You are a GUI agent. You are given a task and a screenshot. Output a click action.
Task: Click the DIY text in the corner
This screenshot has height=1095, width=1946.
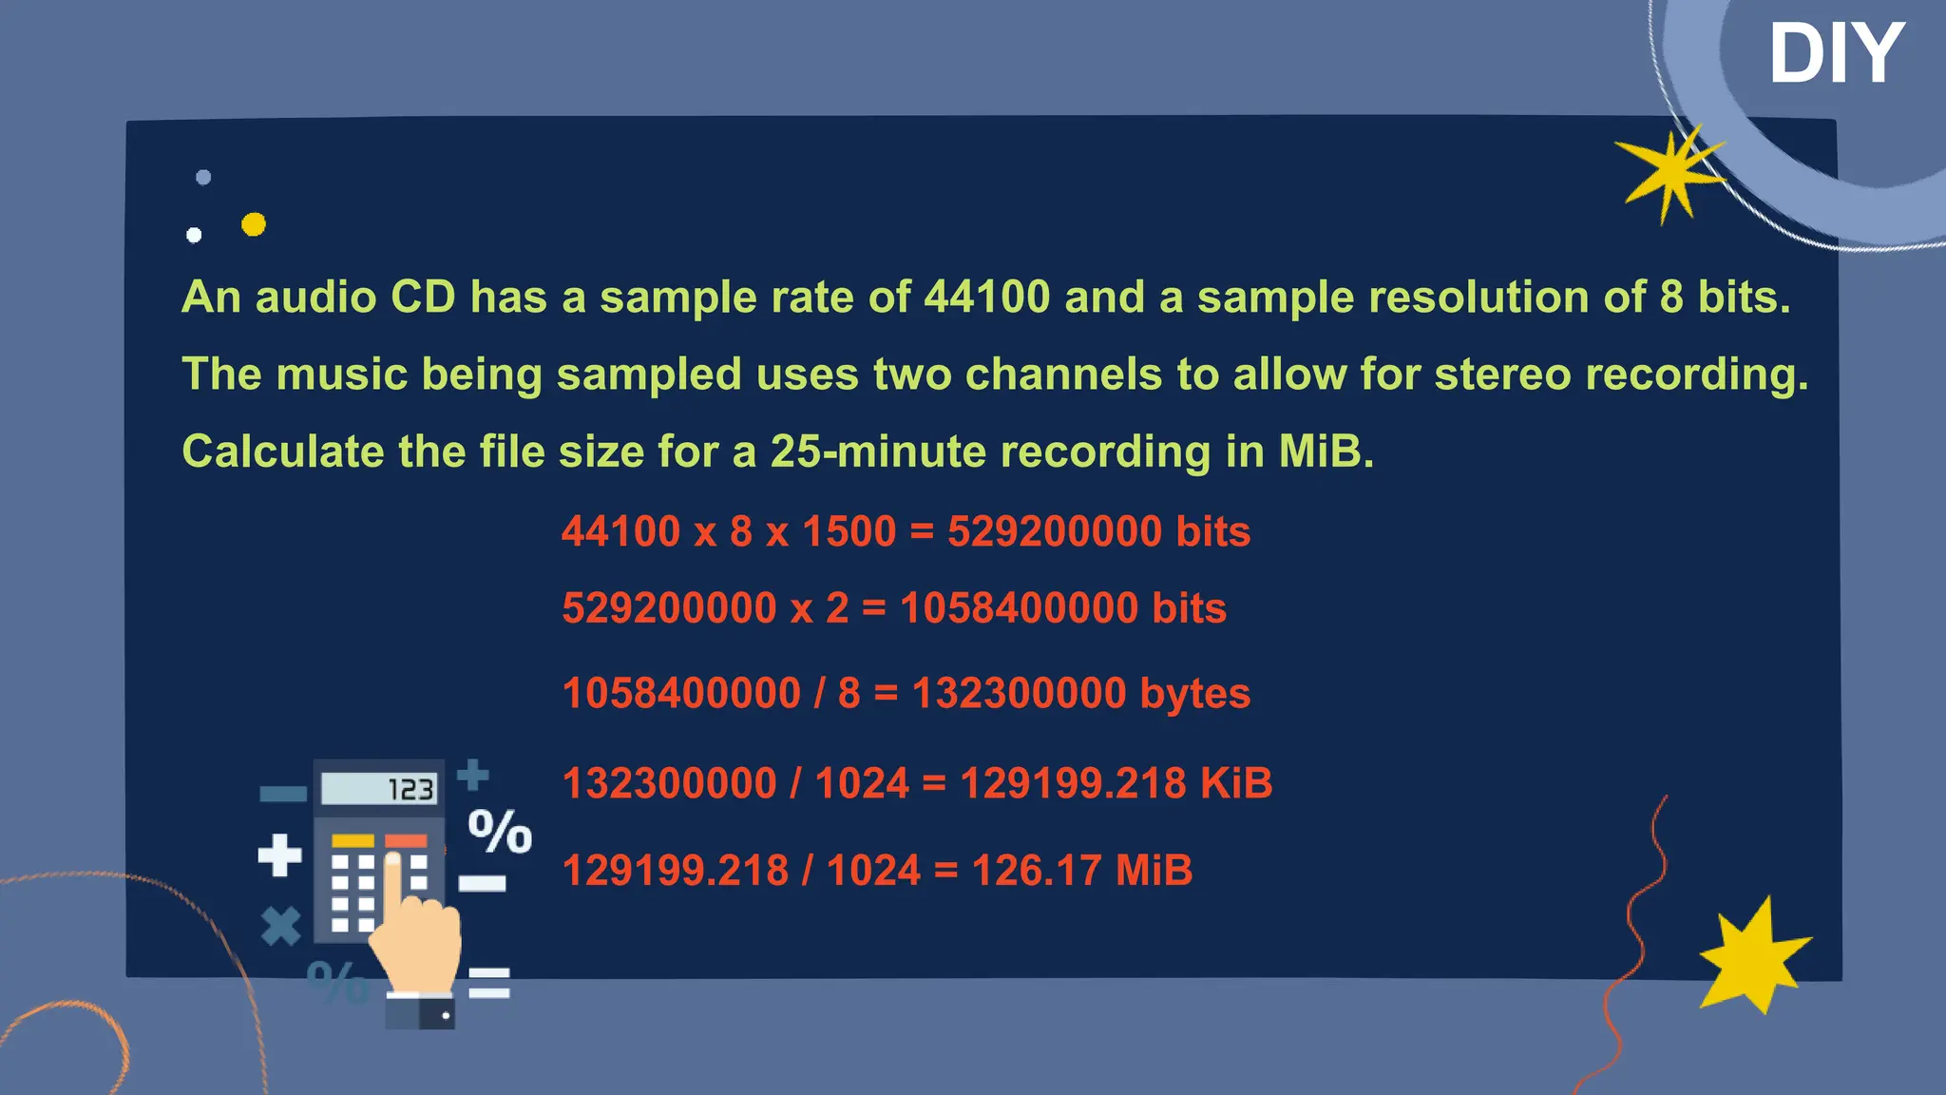pyautogui.click(x=1835, y=54)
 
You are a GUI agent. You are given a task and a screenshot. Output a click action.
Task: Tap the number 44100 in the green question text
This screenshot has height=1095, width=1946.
pyautogui.click(x=986, y=297)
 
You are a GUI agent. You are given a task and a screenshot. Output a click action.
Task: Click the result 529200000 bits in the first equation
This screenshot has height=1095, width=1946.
pyautogui.click(x=1098, y=531)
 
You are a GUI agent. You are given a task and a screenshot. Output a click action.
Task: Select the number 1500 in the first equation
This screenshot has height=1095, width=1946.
pyautogui.click(x=849, y=531)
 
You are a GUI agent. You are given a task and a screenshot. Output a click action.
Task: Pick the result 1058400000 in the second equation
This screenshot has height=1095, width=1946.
pyautogui.click(x=1019, y=608)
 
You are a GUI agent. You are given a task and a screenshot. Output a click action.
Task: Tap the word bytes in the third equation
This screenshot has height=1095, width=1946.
pyautogui.click(x=1195, y=693)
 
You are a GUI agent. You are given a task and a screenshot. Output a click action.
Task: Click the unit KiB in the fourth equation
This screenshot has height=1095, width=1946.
pyautogui.click(x=1236, y=783)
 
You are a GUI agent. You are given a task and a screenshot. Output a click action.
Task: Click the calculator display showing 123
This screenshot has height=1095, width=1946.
pyautogui.click(x=379, y=789)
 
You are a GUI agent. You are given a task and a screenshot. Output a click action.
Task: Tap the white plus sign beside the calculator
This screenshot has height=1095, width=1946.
pyautogui.click(x=279, y=855)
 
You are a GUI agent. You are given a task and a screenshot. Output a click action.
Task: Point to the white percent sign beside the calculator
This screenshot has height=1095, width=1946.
pyautogui.click(x=500, y=832)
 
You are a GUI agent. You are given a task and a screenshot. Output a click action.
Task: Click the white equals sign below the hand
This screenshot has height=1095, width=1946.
pyautogui.click(x=489, y=983)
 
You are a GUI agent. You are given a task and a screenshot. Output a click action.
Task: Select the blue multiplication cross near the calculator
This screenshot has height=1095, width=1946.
pyautogui.click(x=281, y=926)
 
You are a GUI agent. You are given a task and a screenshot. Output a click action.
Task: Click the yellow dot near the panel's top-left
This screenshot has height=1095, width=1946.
pyautogui.click(x=254, y=224)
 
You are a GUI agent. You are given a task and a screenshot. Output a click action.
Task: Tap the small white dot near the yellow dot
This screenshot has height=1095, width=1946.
pyautogui.click(x=194, y=235)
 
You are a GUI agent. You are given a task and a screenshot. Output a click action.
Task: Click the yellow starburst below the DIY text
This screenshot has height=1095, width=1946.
pyautogui.click(x=1669, y=172)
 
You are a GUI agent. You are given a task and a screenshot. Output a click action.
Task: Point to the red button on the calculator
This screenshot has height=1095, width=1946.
pyautogui.click(x=406, y=841)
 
